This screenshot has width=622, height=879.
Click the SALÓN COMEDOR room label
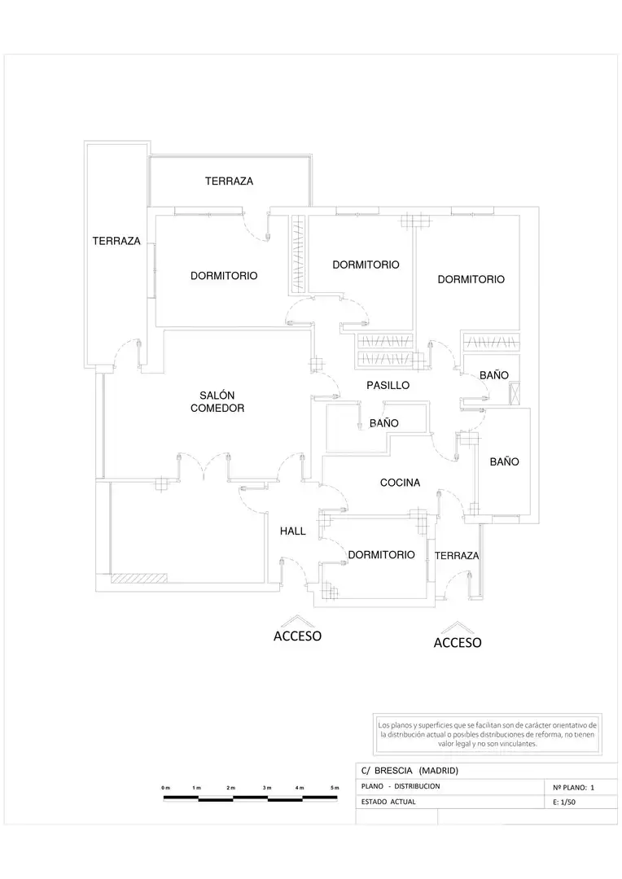[x=217, y=402]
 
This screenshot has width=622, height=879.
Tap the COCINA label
[x=400, y=483]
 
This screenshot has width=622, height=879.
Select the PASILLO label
[x=388, y=386]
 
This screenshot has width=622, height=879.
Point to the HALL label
[x=293, y=531]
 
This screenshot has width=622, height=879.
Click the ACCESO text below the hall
[x=297, y=636]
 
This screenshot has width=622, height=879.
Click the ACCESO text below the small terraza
[x=458, y=643]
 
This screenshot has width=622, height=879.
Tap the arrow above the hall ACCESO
[x=296, y=620]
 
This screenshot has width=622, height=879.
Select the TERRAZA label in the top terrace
[x=229, y=181]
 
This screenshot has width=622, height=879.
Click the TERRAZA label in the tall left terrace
[x=116, y=241]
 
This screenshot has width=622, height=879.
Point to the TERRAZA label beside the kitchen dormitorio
[x=457, y=556]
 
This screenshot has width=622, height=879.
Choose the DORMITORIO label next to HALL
[x=381, y=555]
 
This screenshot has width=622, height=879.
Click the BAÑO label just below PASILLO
[x=384, y=423]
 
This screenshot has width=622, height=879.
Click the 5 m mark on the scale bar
[x=335, y=788]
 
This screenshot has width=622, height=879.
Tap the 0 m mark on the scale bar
[x=166, y=788]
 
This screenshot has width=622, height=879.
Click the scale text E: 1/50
[x=564, y=802]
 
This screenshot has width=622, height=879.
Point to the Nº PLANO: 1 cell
[x=573, y=788]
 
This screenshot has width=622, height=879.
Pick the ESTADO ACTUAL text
[x=388, y=802]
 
